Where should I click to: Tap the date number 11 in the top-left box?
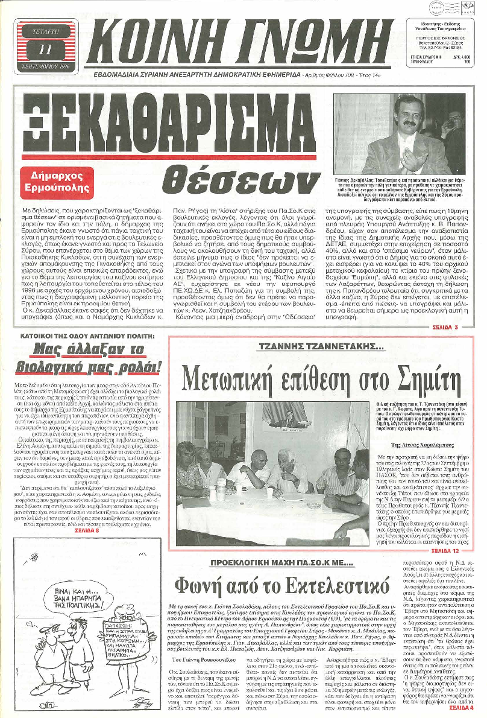(45, 49)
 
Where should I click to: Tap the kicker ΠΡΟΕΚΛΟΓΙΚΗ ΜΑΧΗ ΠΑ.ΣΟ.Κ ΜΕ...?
(280, 563)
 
